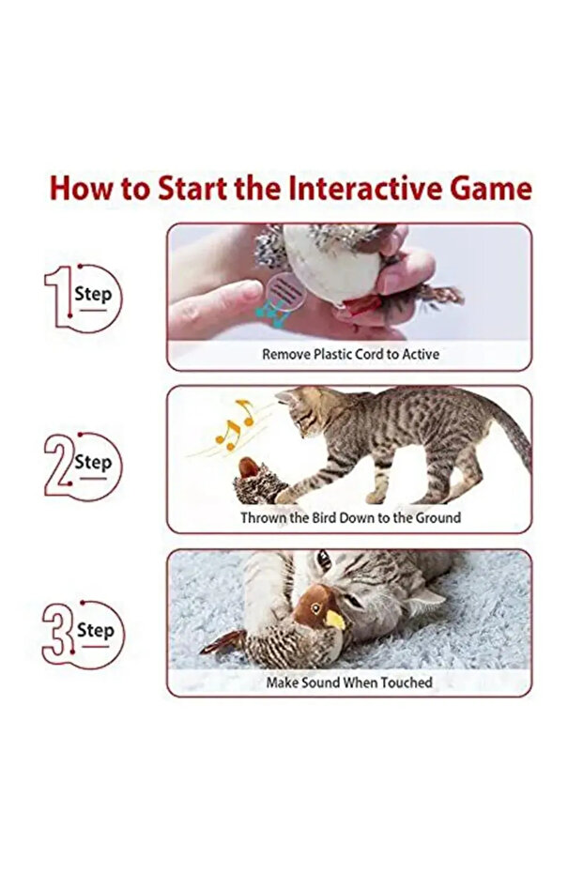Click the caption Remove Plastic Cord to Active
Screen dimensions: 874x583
coord(349,354)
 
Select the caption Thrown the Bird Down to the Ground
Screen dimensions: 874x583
coord(349,517)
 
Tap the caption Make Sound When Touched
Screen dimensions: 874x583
coord(349,682)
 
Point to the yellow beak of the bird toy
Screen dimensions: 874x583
coord(334,619)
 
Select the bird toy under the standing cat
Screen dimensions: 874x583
coord(263,479)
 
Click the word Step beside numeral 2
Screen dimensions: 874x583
coord(93,462)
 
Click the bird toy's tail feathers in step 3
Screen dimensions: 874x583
coord(223,643)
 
